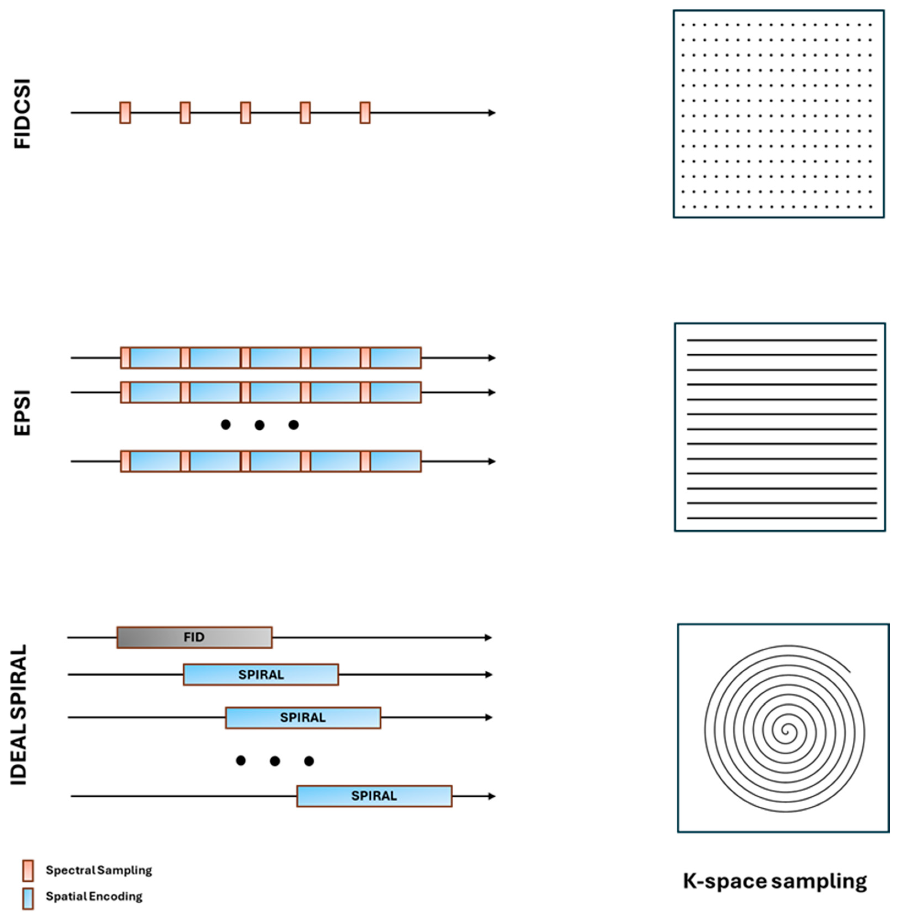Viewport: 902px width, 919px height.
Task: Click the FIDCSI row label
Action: point(22,114)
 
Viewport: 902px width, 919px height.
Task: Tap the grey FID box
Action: point(194,637)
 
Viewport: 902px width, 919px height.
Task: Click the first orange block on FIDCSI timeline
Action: point(125,113)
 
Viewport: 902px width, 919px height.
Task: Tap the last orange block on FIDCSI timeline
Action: point(365,113)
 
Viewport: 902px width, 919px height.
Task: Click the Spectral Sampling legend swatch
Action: point(28,870)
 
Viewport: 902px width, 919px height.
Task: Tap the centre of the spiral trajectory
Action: point(785,731)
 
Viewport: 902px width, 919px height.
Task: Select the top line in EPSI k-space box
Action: point(782,340)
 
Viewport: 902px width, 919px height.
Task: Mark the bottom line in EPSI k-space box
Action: point(782,518)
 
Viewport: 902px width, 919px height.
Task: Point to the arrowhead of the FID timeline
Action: point(489,637)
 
